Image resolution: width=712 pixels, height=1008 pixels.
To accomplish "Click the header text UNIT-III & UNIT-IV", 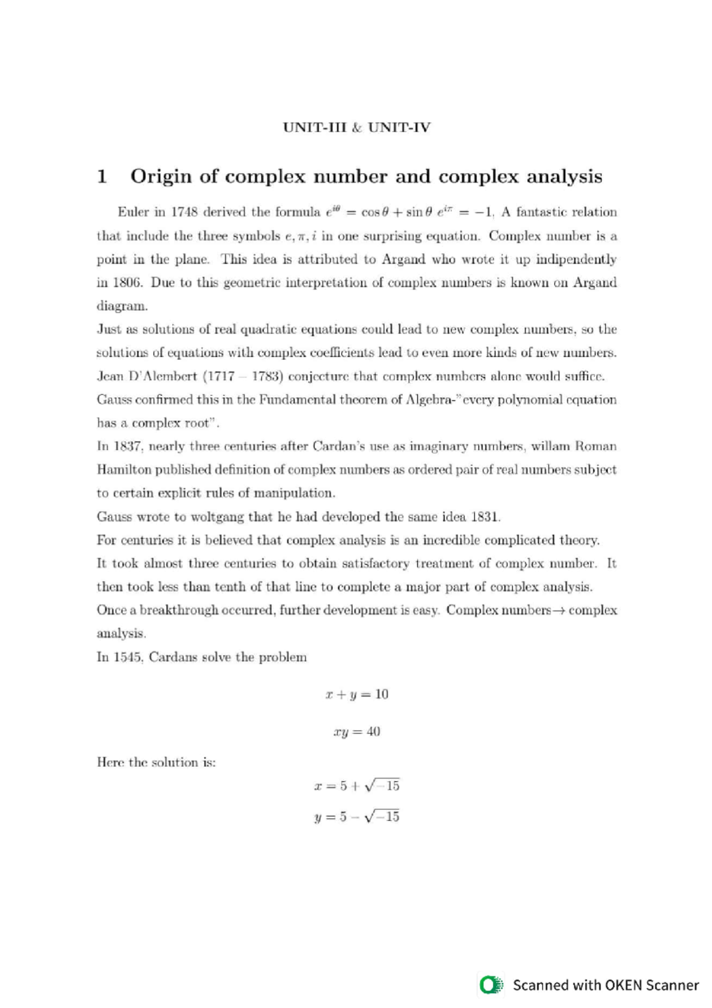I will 357,128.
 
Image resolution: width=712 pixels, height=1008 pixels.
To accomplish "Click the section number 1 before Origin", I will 102,176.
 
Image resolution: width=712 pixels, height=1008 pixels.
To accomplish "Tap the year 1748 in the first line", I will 184,212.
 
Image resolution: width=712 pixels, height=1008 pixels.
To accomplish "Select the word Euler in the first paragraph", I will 133,212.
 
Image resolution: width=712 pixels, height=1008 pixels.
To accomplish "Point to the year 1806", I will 126,283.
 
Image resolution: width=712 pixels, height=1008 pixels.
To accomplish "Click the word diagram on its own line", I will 122,306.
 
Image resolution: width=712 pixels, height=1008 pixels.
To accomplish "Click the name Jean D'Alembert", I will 147,376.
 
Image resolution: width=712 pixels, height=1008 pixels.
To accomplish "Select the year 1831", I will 485,516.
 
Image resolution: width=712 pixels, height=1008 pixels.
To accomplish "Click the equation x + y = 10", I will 357,694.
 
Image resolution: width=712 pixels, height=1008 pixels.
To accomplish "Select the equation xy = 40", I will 357,731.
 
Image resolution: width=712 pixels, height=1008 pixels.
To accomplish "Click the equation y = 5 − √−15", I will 357,817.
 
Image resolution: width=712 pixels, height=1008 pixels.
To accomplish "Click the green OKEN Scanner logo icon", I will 490,985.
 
